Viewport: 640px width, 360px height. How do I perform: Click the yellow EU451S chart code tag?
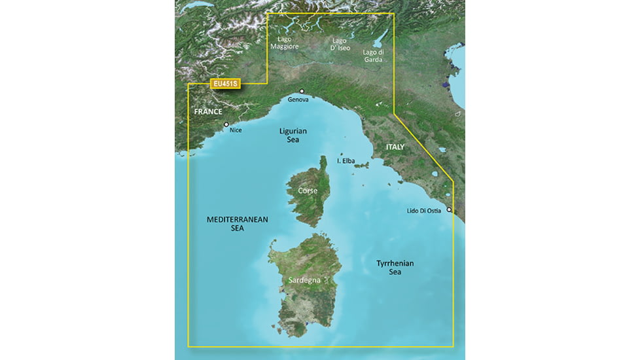(x=225, y=84)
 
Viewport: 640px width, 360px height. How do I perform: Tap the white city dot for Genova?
(x=302, y=91)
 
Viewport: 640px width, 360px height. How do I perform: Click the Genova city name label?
(x=298, y=99)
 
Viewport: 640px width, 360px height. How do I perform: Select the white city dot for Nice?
(x=226, y=124)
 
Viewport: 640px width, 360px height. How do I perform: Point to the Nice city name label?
(x=236, y=130)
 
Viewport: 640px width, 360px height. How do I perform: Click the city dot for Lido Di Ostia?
(x=449, y=209)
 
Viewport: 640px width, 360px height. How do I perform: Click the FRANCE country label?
(x=208, y=113)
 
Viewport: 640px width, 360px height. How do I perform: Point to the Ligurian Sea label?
(x=293, y=135)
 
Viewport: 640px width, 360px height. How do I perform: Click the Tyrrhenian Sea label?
(x=395, y=267)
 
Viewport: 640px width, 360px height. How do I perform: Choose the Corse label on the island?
(x=308, y=190)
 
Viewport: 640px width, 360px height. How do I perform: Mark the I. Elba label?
(x=347, y=160)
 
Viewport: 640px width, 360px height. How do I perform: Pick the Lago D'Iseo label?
(x=339, y=43)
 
